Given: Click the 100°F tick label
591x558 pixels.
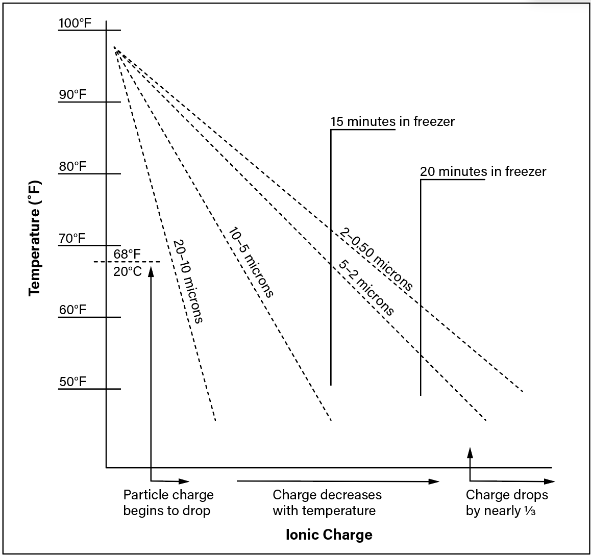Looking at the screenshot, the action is (75, 23).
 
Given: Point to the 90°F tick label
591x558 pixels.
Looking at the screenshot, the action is (73, 94).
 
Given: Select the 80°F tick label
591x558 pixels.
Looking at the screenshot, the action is (73, 167).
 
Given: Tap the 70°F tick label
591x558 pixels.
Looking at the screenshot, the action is (72, 239).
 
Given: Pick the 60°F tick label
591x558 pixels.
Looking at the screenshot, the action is (73, 310).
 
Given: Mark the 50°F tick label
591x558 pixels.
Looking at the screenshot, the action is (73, 382).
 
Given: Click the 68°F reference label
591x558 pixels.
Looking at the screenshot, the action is (127, 255).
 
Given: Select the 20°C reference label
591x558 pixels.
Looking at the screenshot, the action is (128, 271).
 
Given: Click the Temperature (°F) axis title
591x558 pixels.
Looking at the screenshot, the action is (35, 239).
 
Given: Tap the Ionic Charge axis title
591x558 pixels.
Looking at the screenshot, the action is (329, 535).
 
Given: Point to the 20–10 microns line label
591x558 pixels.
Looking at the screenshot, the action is (188, 281).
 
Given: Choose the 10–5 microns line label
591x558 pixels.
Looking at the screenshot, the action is (251, 262).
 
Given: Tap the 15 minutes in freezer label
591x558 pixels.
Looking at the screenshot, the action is (393, 122).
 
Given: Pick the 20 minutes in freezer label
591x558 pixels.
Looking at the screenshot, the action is (483, 172).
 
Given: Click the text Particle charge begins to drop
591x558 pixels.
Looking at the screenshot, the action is (168, 502).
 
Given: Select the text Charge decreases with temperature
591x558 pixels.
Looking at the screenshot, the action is (327, 502).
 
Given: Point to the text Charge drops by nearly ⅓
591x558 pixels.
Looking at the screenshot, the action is (507, 502).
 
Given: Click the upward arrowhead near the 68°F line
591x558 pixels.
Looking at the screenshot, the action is (151, 270).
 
